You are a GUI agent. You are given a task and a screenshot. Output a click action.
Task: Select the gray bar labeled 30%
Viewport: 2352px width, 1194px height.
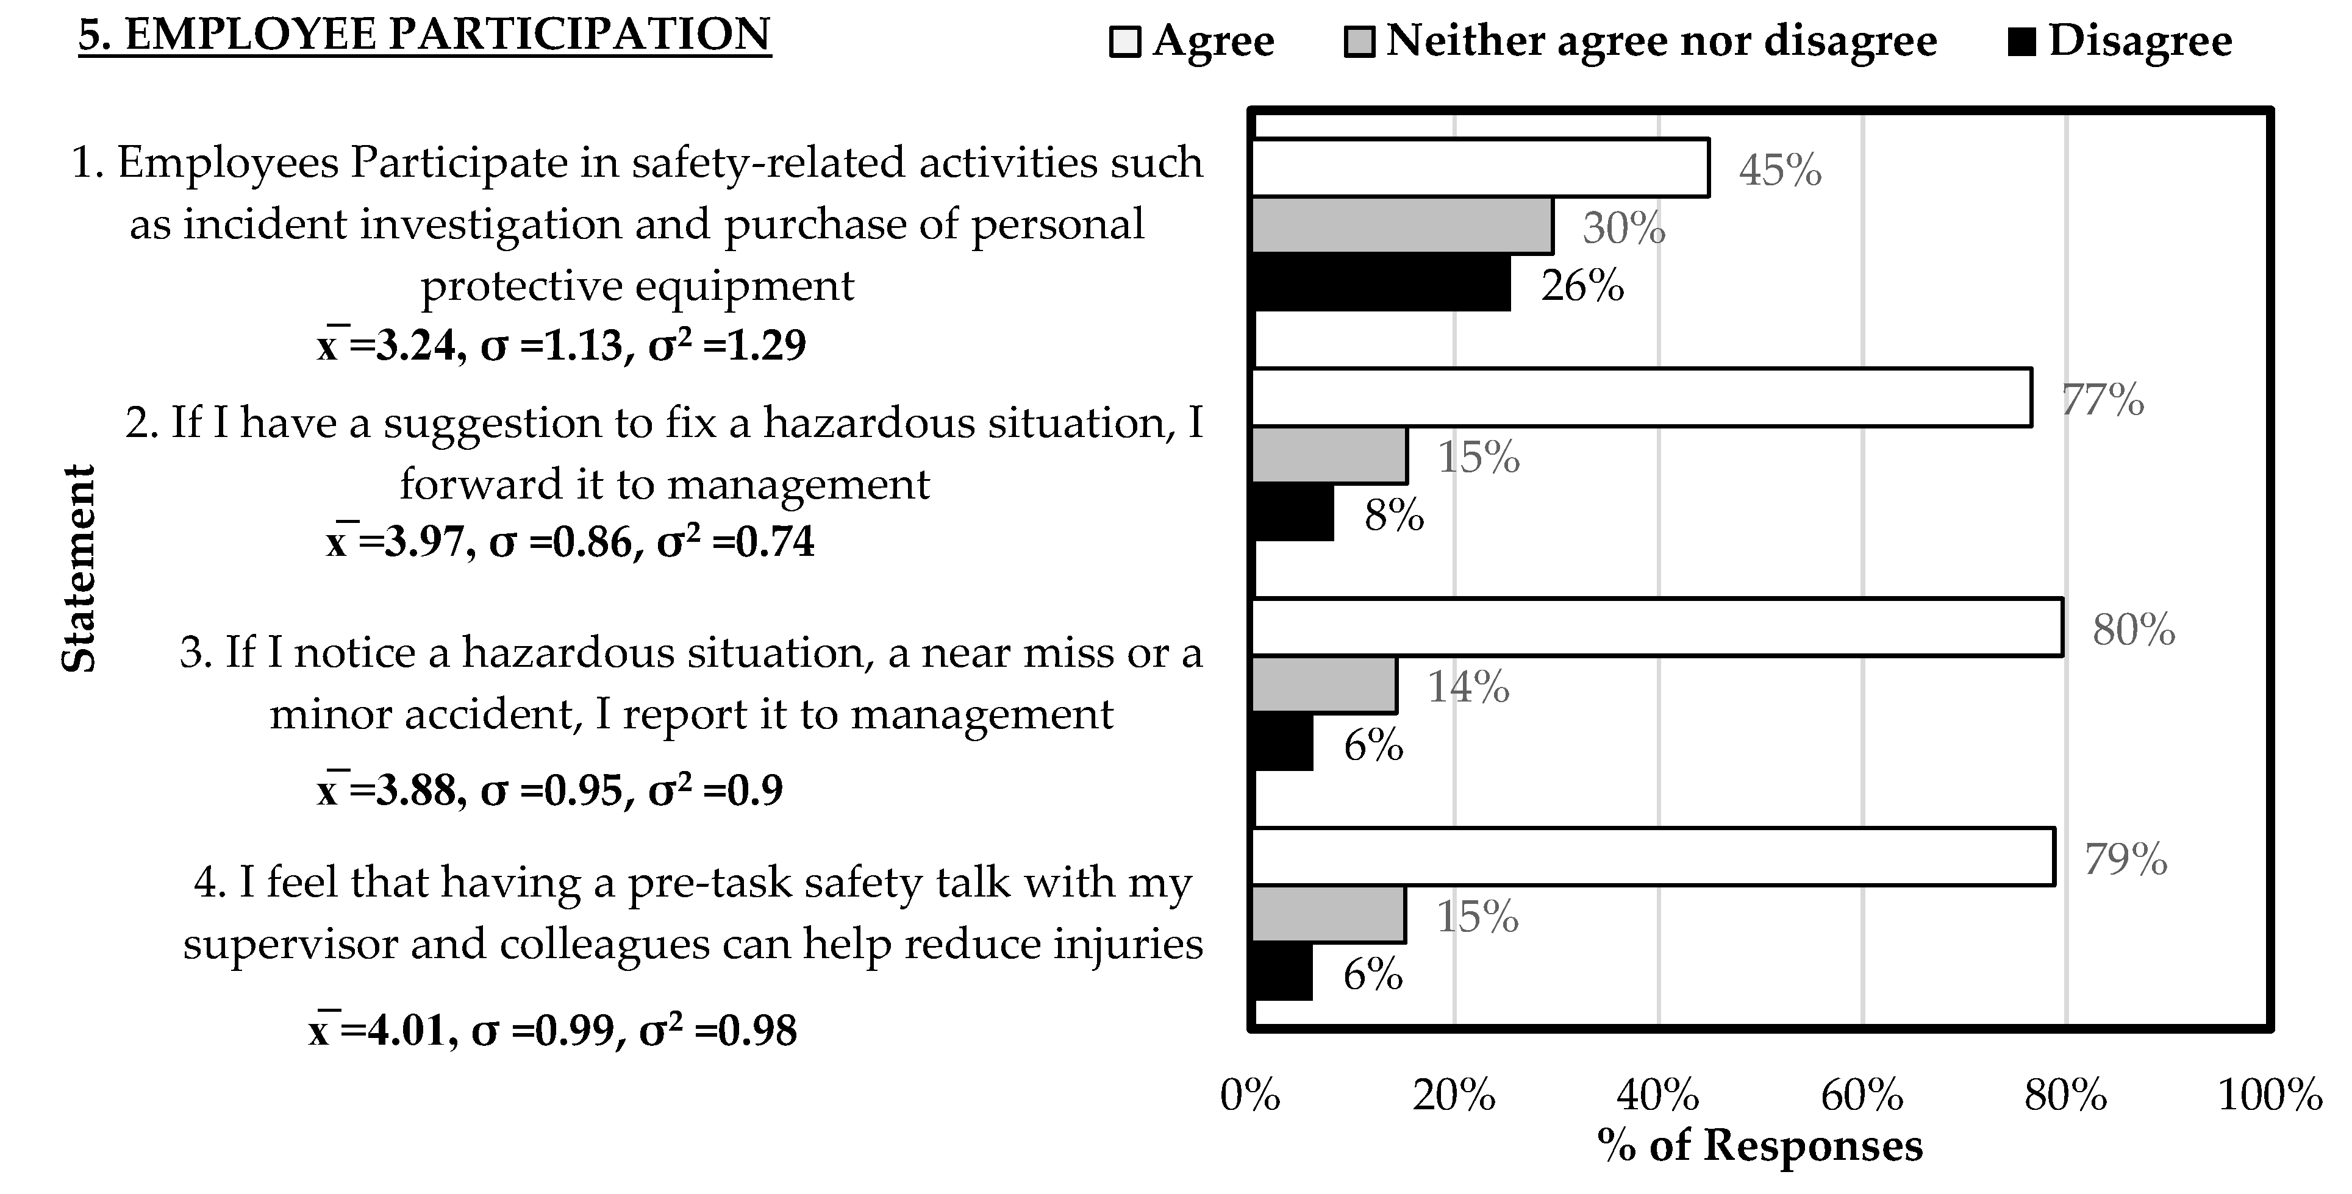tap(1401, 226)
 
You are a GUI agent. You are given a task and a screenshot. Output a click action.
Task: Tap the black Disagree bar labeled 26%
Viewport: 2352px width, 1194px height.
tap(1381, 283)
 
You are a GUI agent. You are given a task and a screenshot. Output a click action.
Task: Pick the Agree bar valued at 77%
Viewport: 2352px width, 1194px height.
tap(1641, 397)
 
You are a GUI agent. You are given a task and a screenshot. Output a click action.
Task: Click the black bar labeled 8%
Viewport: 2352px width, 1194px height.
tap(1293, 513)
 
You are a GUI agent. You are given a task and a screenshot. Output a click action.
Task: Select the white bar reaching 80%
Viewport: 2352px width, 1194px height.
tap(1656, 627)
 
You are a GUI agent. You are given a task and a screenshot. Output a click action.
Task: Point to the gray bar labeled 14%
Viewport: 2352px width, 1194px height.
tap(1324, 684)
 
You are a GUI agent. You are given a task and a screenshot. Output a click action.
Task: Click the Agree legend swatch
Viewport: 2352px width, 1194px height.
tap(1125, 43)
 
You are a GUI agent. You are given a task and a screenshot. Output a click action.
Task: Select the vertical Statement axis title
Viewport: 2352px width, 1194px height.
tap(79, 569)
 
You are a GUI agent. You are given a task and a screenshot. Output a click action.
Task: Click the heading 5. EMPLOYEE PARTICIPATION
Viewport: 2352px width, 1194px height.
tap(424, 35)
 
